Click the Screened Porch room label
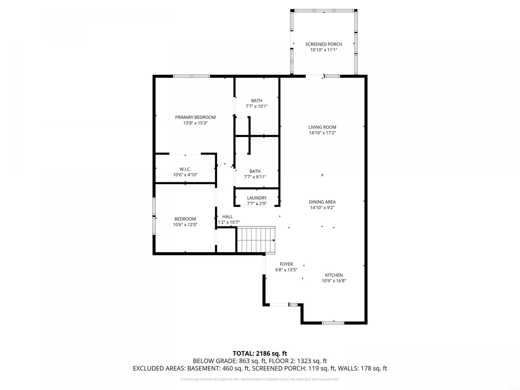(324, 44)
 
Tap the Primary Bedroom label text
(195, 117)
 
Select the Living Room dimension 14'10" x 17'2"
(322, 133)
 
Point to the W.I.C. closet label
(185, 169)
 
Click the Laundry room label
(257, 198)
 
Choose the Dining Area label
(322, 202)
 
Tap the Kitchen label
(334, 275)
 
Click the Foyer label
(286, 264)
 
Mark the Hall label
(227, 217)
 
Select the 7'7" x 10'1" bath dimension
(256, 106)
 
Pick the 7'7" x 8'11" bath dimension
(255, 177)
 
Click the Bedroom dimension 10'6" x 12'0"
(185, 225)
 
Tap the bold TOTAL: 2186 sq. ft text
(260, 353)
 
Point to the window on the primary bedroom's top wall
(191, 76)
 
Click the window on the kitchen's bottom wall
(333, 323)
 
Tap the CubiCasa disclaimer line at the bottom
(260, 379)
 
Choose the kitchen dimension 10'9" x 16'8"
(334, 281)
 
